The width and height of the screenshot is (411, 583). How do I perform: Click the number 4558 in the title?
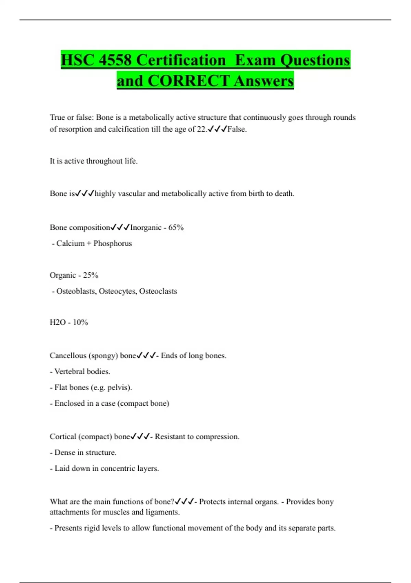click(x=115, y=60)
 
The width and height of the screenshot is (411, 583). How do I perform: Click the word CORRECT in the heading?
click(x=188, y=81)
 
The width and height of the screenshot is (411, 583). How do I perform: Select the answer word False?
click(x=236, y=129)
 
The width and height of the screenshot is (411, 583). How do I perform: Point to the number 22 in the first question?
click(x=201, y=129)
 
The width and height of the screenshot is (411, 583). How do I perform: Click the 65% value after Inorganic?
click(x=176, y=228)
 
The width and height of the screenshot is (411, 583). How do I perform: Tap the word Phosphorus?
click(x=112, y=243)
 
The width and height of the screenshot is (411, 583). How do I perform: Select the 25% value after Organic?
click(x=90, y=275)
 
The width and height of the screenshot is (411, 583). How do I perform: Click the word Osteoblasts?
click(x=76, y=291)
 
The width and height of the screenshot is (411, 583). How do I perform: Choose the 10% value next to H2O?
click(x=80, y=322)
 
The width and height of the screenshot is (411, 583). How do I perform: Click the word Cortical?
click(x=62, y=437)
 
